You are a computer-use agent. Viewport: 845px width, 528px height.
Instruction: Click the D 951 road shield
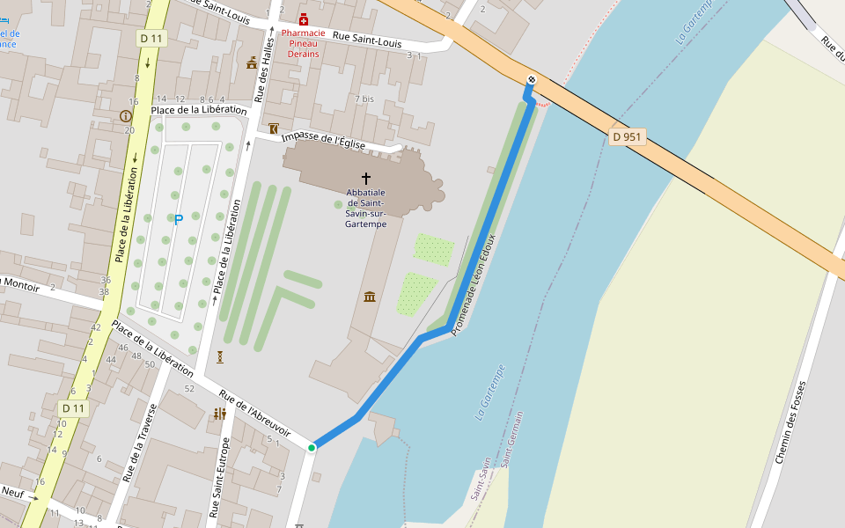click(628, 136)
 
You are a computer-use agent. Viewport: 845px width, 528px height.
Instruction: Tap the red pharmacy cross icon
click(304, 19)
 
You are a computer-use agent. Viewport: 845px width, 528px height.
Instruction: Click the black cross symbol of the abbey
click(366, 178)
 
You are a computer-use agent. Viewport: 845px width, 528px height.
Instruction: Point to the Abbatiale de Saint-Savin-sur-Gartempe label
click(366, 209)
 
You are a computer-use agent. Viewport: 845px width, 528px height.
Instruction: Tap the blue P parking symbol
click(178, 220)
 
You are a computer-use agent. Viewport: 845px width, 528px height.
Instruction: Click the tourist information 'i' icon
click(125, 116)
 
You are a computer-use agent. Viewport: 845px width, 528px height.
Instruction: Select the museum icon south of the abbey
click(370, 297)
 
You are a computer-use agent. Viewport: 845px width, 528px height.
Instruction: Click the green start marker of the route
click(312, 448)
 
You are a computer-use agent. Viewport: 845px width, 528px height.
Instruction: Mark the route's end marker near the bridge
click(531, 81)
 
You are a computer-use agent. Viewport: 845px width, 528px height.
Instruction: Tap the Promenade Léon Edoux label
click(474, 284)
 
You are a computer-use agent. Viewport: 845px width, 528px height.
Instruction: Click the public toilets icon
click(220, 413)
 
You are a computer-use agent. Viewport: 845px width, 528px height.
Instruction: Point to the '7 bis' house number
click(364, 99)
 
